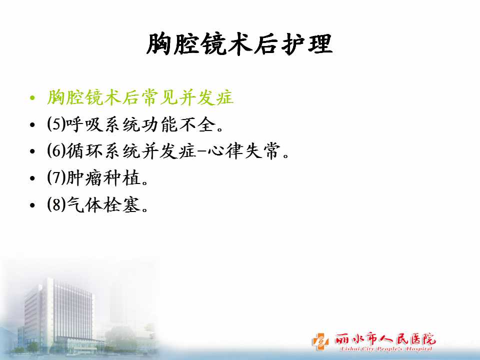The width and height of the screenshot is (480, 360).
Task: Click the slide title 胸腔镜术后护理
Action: (239, 44)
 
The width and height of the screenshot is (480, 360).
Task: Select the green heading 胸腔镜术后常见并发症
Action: (140, 97)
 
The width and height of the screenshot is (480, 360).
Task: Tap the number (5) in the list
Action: (56, 124)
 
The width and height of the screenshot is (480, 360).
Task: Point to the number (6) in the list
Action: (56, 151)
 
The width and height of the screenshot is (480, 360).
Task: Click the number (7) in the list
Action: (56, 177)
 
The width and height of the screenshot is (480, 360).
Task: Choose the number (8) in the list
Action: (56, 204)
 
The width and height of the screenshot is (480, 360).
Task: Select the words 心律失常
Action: (244, 151)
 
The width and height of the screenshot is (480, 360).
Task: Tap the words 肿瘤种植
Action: (103, 177)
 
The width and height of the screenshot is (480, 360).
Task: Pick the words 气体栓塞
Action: (103, 204)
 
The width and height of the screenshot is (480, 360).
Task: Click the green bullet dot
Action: (32, 98)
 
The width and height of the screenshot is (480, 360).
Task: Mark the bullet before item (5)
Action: (32, 124)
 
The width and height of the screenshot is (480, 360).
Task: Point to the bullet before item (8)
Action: (32, 204)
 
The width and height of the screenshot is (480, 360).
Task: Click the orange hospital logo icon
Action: (320, 341)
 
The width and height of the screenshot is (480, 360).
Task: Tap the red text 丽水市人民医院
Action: (385, 339)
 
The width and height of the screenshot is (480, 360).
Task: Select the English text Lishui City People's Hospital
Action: (386, 348)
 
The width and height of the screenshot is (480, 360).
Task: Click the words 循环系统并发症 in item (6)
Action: (131, 151)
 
